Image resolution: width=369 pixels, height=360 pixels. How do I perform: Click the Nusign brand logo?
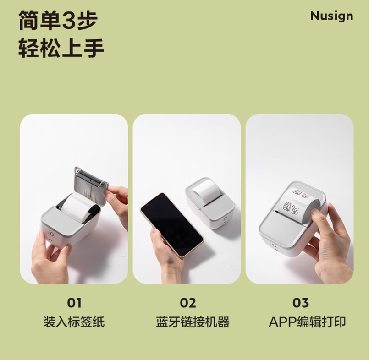(331, 16)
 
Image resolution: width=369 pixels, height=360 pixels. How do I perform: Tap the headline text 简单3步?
(58, 20)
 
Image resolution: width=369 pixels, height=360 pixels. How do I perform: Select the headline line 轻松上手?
(61, 48)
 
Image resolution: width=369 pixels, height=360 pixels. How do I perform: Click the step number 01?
(74, 303)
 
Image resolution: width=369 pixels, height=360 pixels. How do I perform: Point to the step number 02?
(188, 303)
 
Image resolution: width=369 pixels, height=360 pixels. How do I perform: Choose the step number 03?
(301, 303)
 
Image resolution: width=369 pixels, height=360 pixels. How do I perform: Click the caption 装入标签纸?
(74, 322)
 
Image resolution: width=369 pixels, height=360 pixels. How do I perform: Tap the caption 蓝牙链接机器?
(193, 322)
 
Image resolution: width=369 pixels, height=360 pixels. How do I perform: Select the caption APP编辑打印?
(307, 322)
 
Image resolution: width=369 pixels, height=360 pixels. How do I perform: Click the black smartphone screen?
(172, 225)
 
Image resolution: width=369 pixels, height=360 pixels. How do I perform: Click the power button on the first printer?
(51, 235)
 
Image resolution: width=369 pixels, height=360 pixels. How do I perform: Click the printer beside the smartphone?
(210, 202)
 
